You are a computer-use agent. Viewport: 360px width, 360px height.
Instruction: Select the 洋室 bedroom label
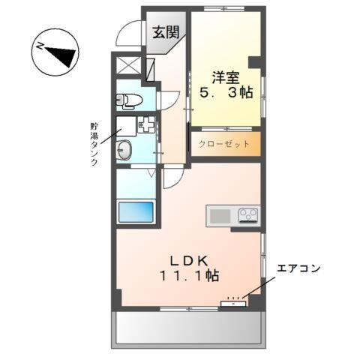tap(226, 76)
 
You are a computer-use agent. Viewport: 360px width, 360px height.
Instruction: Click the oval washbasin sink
tap(125, 150)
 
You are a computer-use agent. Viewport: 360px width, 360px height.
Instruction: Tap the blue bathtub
tap(135, 212)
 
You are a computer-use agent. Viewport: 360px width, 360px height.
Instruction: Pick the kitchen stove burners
tap(248, 216)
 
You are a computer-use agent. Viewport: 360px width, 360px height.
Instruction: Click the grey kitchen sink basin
tap(221, 216)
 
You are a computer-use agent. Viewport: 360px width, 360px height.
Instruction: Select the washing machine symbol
tap(145, 124)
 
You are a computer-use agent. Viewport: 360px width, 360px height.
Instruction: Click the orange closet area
tap(224, 143)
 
